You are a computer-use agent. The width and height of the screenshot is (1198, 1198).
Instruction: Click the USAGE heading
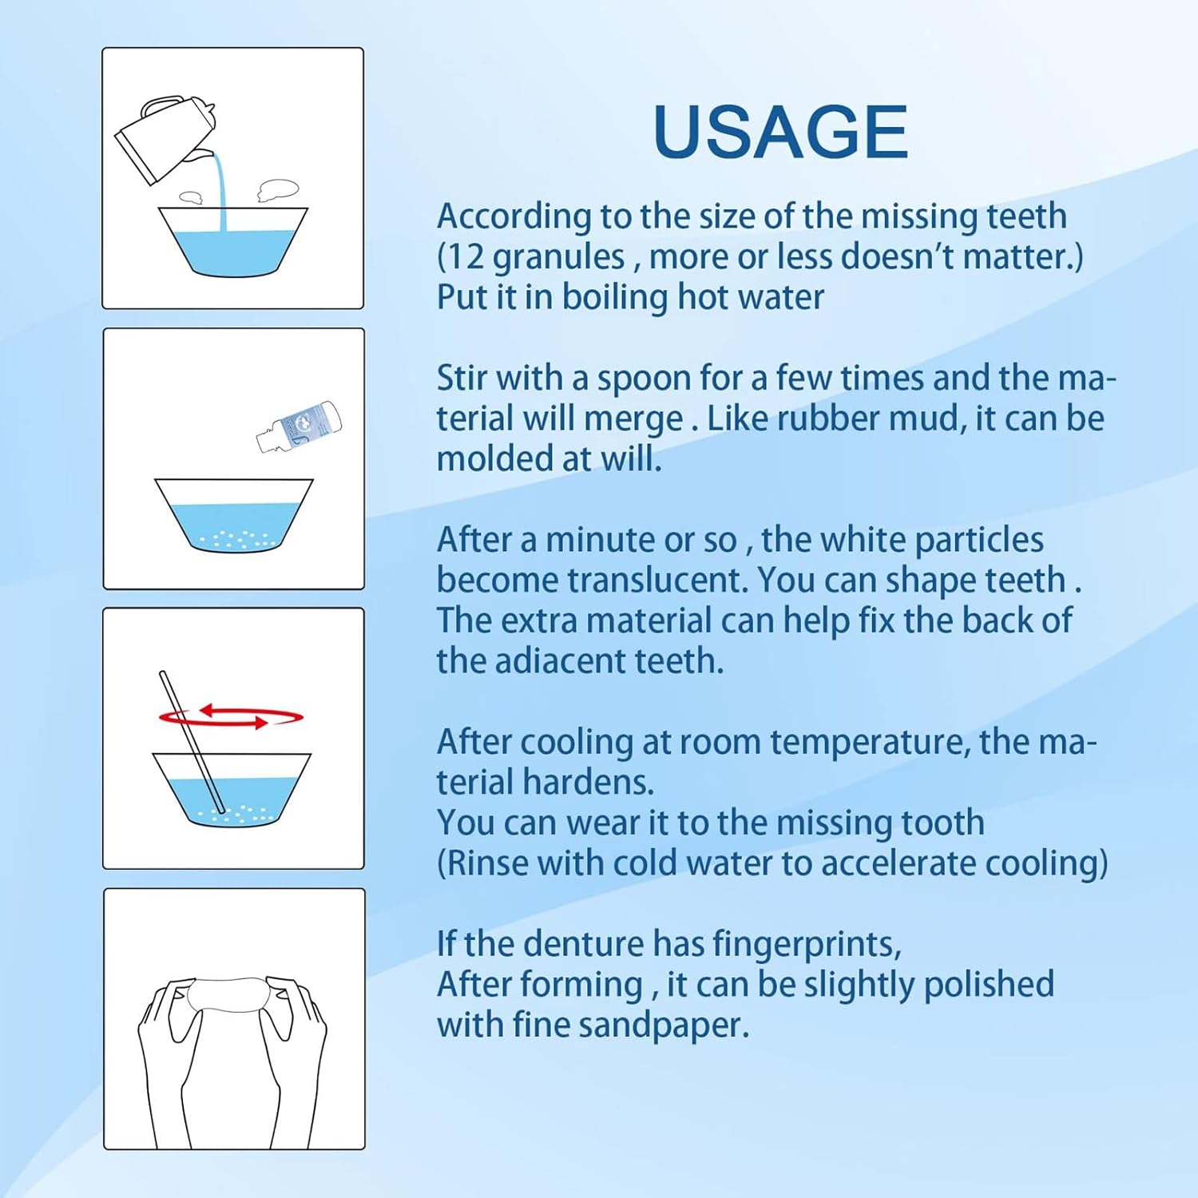[780, 132]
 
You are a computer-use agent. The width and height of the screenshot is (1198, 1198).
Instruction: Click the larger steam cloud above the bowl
[278, 191]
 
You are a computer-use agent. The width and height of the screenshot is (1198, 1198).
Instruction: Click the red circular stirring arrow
[231, 716]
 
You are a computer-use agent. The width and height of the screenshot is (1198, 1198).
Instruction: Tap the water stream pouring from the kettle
[219, 192]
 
